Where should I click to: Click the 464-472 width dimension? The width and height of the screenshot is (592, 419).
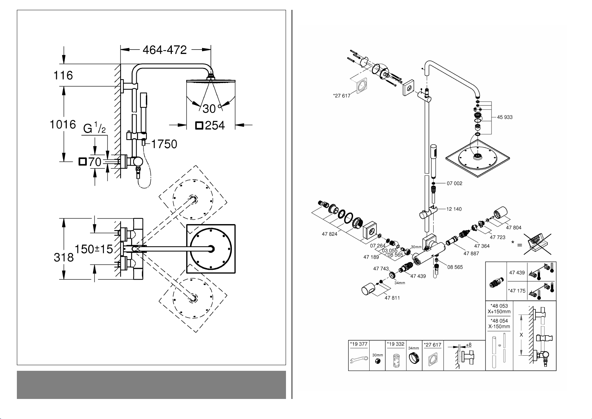165,50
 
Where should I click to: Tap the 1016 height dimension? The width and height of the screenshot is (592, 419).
63,125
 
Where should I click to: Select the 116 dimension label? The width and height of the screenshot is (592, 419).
63,75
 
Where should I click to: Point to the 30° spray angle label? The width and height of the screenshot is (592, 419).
212,108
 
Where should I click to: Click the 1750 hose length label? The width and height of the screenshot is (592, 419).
164,144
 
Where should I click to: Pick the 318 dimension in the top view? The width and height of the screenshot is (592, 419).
64,257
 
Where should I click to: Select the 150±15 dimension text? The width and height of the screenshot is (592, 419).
94,249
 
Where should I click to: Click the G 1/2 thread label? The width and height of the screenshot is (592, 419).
95,128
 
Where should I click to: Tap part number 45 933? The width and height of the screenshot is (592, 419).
505,117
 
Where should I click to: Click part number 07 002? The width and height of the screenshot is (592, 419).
455,183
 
